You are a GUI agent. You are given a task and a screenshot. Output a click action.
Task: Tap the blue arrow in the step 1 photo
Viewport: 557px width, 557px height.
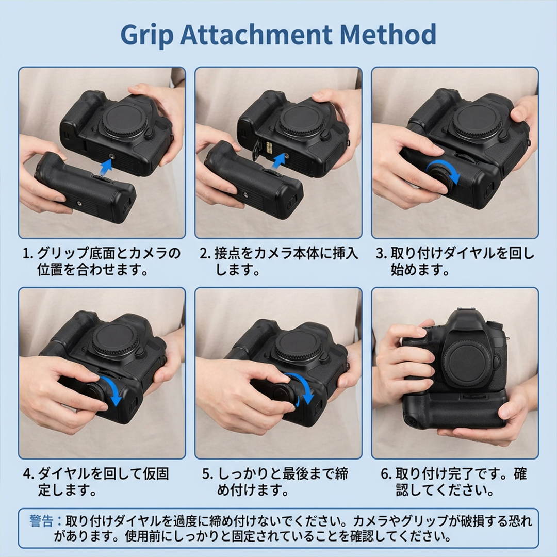106,167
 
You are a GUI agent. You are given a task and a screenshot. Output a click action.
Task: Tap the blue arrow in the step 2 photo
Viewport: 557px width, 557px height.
278,160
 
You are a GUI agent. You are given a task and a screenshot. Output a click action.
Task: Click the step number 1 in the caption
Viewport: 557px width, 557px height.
27,254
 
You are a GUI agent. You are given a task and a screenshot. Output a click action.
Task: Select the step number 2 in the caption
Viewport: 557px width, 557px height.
204,254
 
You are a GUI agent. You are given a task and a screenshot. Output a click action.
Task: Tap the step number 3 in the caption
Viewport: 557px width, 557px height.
381,254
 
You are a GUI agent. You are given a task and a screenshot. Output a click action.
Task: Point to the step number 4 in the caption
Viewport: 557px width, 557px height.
28,474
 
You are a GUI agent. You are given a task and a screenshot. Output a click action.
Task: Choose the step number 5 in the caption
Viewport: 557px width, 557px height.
206,474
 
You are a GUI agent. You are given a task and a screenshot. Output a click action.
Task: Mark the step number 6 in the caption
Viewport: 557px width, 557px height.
385,474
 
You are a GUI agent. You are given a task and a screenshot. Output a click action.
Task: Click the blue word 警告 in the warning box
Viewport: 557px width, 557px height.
41,520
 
